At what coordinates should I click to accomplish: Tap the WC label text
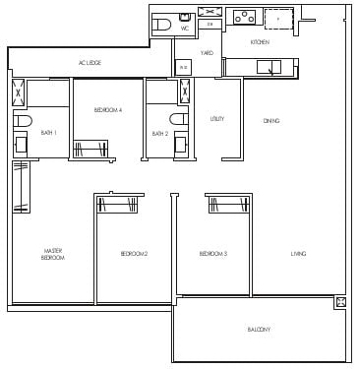tap(184, 29)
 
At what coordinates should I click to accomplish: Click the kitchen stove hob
tap(241, 17)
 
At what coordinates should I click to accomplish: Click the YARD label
tap(207, 52)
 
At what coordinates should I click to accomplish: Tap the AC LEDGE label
tap(90, 64)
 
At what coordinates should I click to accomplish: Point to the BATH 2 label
tap(158, 133)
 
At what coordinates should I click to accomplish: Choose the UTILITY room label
tap(217, 119)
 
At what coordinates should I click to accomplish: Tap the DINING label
tap(271, 120)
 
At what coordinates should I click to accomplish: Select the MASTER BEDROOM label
tap(53, 254)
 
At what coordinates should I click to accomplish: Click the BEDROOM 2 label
tap(134, 254)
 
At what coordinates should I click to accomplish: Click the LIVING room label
tap(298, 254)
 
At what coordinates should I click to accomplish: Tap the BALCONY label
tap(259, 329)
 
